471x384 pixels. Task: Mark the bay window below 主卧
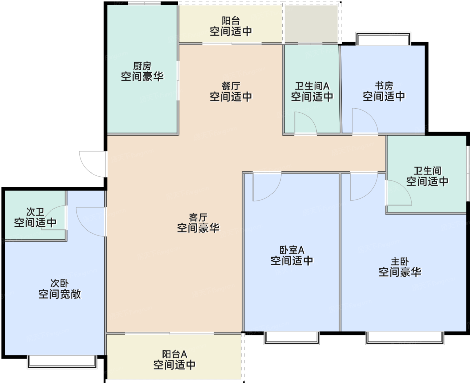(405, 337)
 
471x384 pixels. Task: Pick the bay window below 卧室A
(291, 337)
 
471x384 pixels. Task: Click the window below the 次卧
(62, 361)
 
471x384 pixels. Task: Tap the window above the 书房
(383, 39)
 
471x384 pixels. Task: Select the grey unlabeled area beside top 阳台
(311, 24)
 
